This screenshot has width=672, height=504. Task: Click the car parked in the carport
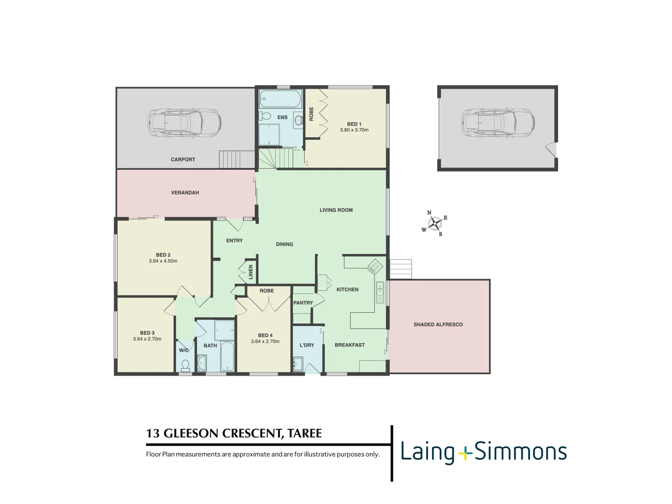(x=184, y=123)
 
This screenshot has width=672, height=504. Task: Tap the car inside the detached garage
(x=497, y=123)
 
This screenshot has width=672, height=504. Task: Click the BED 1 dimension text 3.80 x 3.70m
(x=354, y=130)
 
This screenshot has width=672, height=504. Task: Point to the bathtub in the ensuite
(x=280, y=99)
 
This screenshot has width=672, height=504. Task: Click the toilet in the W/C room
(x=185, y=364)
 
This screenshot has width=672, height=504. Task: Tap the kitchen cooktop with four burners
(x=375, y=266)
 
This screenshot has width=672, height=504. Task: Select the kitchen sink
(x=380, y=292)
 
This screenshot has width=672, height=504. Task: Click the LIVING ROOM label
(x=336, y=210)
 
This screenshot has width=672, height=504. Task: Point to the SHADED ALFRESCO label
(x=438, y=324)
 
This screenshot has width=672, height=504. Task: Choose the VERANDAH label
(x=185, y=193)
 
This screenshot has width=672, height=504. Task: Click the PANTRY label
(x=303, y=303)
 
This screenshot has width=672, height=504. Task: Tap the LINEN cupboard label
(x=251, y=272)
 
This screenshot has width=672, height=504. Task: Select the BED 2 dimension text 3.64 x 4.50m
(x=163, y=261)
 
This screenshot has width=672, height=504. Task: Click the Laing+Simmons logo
(x=483, y=452)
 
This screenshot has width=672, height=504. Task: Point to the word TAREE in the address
(x=305, y=434)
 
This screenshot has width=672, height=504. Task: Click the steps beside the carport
(x=237, y=159)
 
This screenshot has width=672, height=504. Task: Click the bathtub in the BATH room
(x=227, y=357)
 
